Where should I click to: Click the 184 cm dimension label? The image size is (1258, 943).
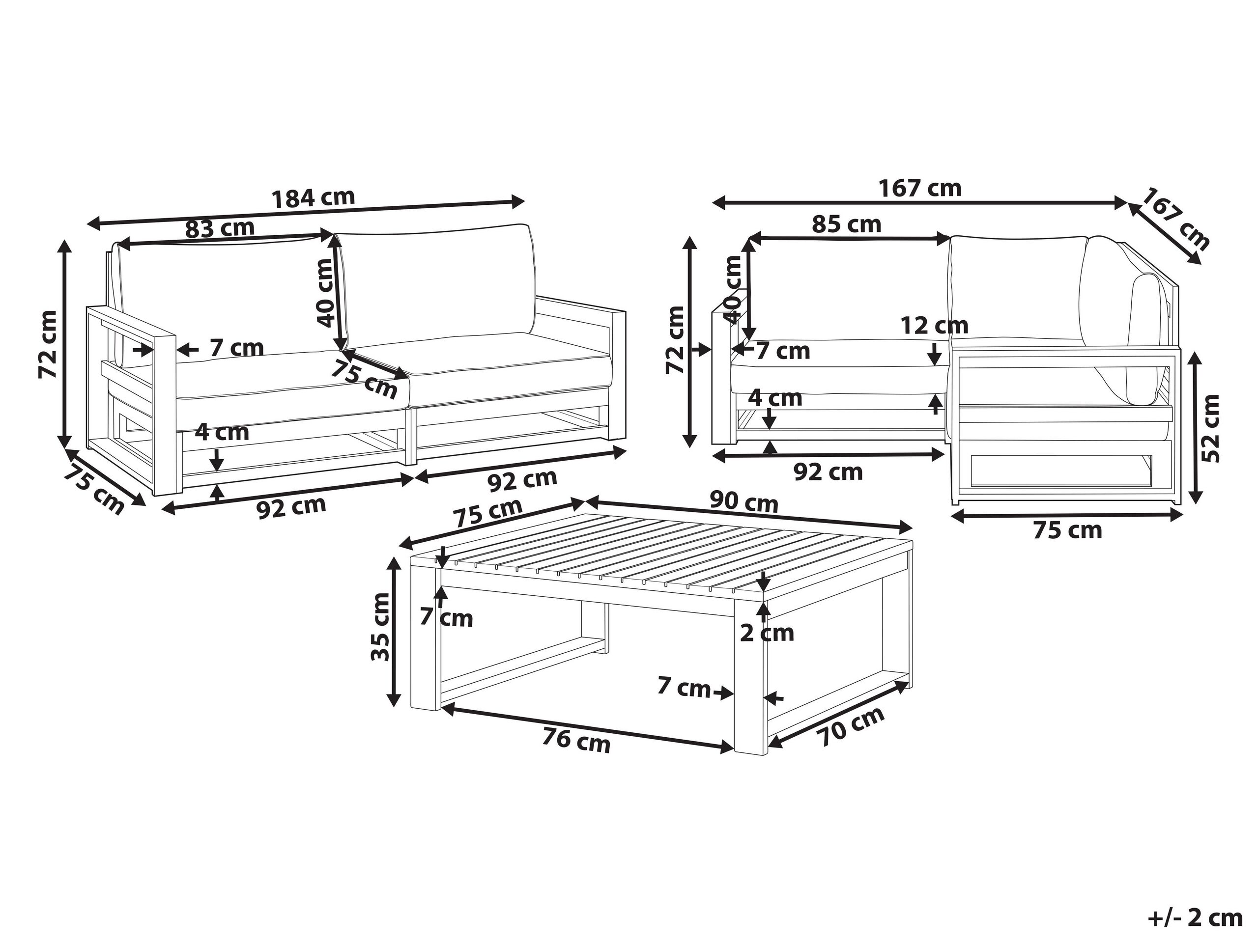coord(314,197)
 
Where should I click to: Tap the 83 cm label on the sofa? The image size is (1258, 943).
coord(220,228)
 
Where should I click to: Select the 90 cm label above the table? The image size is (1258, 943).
coord(744,502)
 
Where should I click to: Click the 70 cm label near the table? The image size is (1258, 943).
coord(850,727)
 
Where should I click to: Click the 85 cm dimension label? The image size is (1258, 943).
coord(846,224)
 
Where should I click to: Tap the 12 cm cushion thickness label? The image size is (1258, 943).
coord(934,326)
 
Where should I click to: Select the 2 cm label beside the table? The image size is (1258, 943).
coord(767,633)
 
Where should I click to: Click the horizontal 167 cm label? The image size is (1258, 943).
coord(920,188)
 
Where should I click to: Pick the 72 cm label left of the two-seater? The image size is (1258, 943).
coord(48,344)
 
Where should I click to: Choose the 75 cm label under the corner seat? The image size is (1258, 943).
coord(1067,530)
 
